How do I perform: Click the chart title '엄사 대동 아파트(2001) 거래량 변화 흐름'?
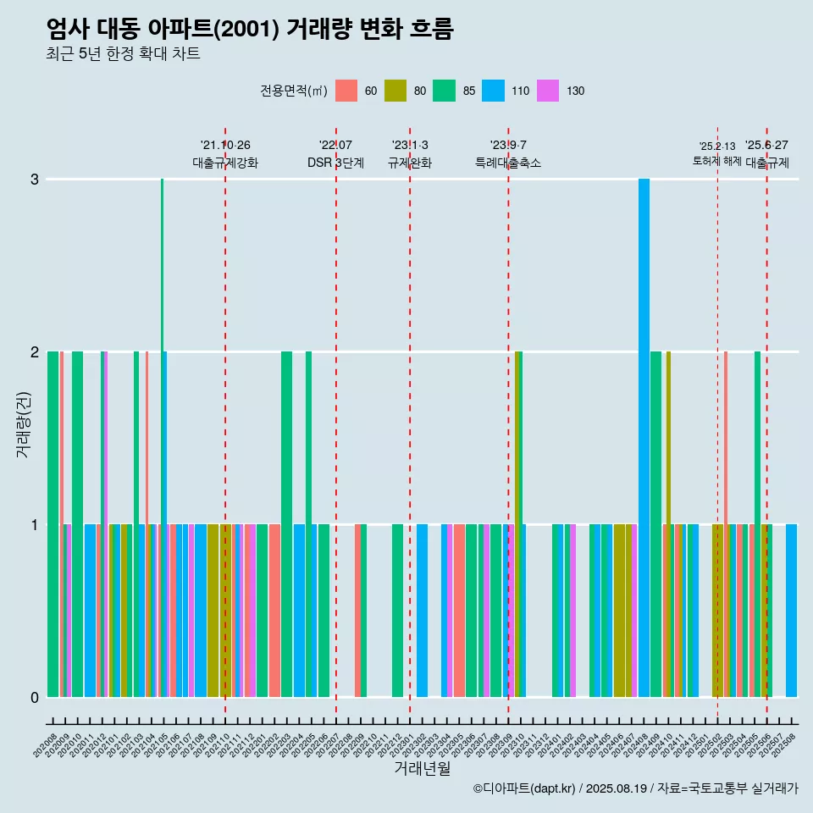(x=250, y=30)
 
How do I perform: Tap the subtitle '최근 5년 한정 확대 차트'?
(x=123, y=54)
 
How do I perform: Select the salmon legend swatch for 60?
(x=346, y=91)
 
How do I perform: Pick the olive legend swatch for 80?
(x=395, y=91)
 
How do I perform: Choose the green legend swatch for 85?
(x=444, y=91)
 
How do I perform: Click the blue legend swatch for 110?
(x=493, y=91)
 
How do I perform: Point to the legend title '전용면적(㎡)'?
(x=294, y=91)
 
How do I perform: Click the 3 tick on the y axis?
(x=35, y=180)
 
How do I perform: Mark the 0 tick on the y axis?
(x=35, y=698)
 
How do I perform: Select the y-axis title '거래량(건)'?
(x=23, y=423)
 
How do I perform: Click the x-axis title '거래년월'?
(x=422, y=768)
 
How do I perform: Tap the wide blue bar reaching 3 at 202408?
(x=644, y=423)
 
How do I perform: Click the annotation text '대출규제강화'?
(x=225, y=163)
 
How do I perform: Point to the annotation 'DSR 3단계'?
(x=335, y=163)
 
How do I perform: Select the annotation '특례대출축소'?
(x=508, y=163)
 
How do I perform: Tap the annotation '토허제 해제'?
(x=716, y=161)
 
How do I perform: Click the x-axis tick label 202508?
(x=786, y=730)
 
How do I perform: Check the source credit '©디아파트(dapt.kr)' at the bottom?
(x=525, y=788)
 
